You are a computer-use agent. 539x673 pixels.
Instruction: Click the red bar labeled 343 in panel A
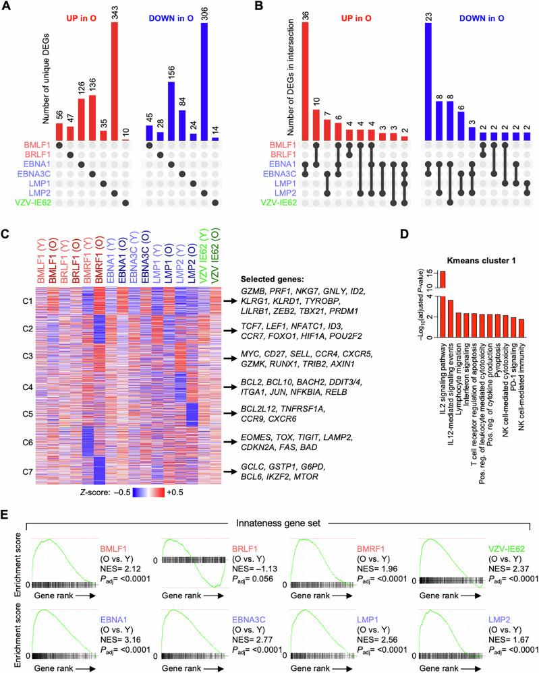tap(115, 81)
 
